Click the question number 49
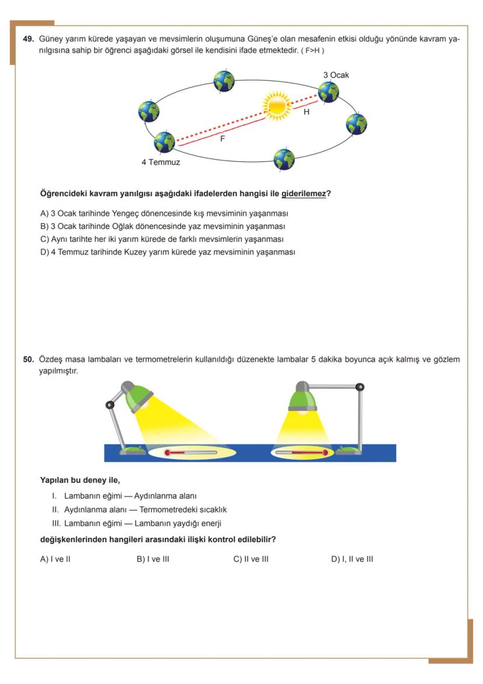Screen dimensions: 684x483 pos(28,39)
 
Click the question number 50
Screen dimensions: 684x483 pos(28,360)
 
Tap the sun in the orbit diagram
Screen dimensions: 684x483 pos(276,105)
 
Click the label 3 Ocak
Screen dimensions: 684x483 pos(336,75)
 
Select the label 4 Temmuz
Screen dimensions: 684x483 pos(160,162)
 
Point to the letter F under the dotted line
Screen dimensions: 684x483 pos(222,139)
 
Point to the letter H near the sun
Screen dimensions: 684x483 pos(306,112)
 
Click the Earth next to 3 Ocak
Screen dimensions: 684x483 pos(328,92)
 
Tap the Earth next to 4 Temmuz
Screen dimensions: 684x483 pos(164,142)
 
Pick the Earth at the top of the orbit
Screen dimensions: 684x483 pos(223,81)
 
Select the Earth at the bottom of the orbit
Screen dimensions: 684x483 pos(284,158)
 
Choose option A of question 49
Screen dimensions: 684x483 pos(164,213)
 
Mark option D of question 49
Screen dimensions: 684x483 pos(167,252)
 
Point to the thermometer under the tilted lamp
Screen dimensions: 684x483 pos(191,453)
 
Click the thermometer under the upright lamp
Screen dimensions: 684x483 pos(300,453)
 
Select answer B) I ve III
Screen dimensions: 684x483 pos(153,559)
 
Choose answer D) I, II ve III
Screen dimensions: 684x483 pos(352,559)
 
